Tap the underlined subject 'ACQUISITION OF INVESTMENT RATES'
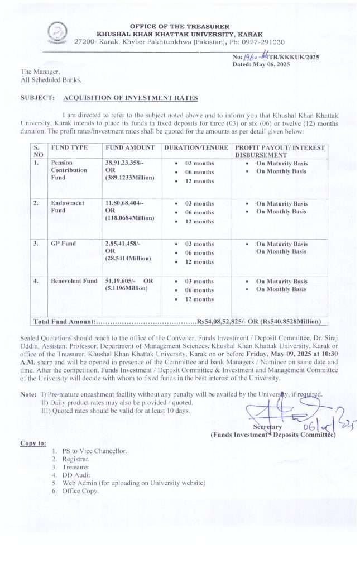click(131, 98)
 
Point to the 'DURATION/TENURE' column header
click(196, 147)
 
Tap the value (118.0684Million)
click(129, 218)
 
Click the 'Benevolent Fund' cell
click(74, 281)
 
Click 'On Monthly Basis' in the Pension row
click(281, 171)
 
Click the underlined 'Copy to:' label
click(33, 443)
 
